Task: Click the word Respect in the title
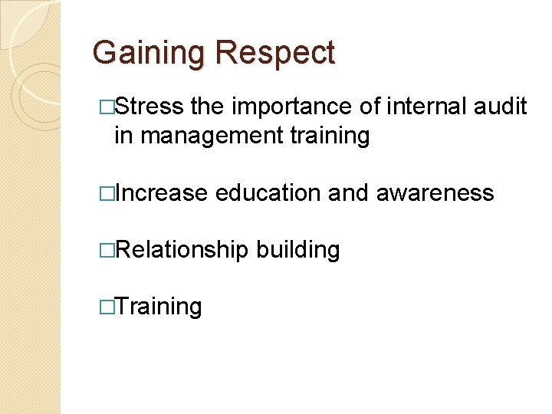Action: [x=275, y=54]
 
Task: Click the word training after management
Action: [x=330, y=136]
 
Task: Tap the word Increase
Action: [x=161, y=193]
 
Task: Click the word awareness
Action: [x=435, y=193]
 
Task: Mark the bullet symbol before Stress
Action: [x=107, y=107]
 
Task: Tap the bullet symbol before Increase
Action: [x=107, y=193]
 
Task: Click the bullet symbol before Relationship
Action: [x=107, y=250]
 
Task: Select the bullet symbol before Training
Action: [x=107, y=307]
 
